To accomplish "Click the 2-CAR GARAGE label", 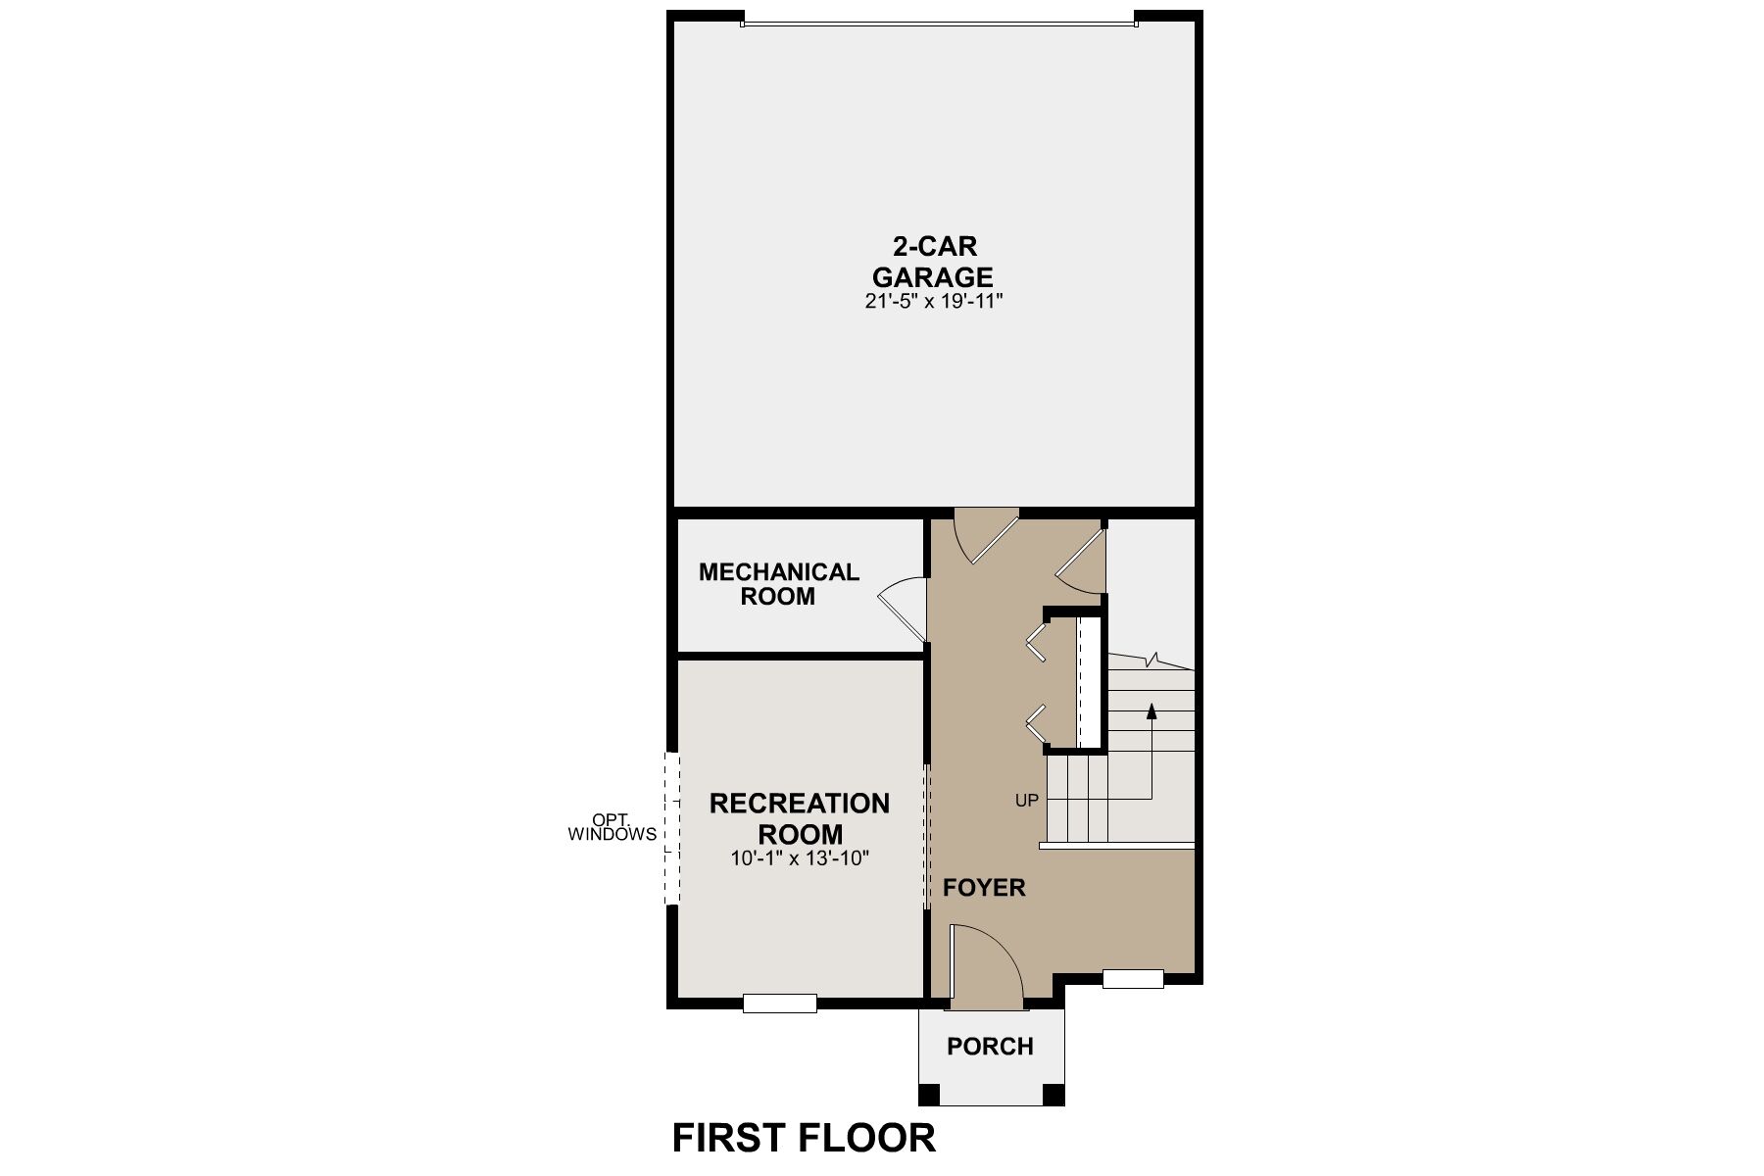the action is (933, 261).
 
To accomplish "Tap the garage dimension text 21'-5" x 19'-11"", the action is (934, 302).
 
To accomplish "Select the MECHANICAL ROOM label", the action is (778, 584).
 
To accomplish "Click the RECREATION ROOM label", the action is (800, 819).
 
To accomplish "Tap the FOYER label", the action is (984, 888).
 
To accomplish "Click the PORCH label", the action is (990, 1047).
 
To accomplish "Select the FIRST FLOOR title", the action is (804, 1138).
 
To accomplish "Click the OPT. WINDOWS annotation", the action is (612, 827).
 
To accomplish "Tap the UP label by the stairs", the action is (1026, 801).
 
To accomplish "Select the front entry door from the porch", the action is (986, 966).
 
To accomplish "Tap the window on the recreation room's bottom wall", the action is (780, 1003).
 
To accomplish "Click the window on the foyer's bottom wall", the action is (1133, 978).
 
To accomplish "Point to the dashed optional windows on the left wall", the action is (672, 828).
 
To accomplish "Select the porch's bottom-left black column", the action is (928, 1094).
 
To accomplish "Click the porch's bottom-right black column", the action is (1053, 1094).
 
